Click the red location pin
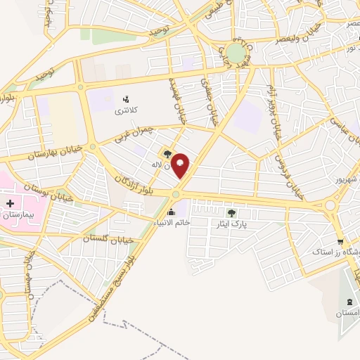point(181,165)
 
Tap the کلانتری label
point(127,111)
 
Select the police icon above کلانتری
point(127,99)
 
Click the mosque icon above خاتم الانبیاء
point(171,212)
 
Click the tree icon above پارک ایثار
point(232,212)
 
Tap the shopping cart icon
point(340,241)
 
